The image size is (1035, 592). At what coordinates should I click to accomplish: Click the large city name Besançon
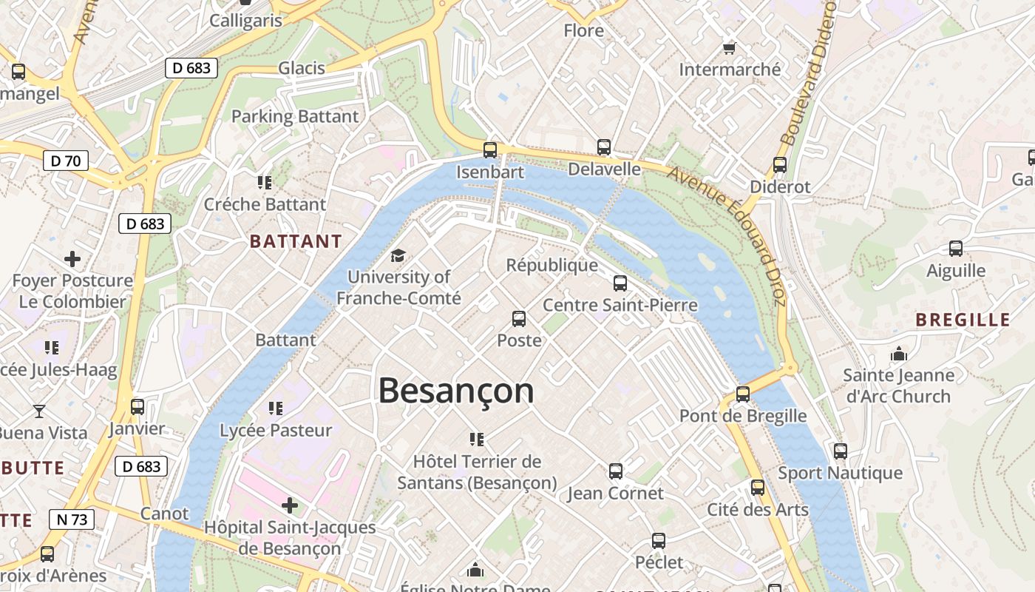click(x=455, y=391)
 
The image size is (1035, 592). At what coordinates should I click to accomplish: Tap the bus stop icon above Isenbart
click(x=489, y=150)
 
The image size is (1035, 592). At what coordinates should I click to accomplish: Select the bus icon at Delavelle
click(x=604, y=147)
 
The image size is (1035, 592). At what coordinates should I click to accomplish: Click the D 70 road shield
click(x=66, y=161)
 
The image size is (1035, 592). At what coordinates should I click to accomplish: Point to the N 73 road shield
click(x=72, y=519)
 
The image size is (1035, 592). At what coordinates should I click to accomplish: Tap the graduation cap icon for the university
click(x=398, y=256)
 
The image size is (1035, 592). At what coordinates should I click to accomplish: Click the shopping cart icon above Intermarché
click(x=729, y=48)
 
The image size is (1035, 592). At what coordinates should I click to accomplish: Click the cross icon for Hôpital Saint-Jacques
click(x=290, y=505)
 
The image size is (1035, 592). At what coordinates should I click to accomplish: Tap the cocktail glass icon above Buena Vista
click(x=39, y=411)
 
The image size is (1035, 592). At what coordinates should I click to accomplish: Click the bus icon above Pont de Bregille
click(x=743, y=394)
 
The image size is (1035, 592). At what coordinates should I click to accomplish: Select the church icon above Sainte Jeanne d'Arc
click(x=899, y=354)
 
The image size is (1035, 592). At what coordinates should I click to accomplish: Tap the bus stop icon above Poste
click(x=519, y=319)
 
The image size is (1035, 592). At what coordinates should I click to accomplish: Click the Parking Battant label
click(x=295, y=116)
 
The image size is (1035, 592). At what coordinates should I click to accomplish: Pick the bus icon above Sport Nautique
click(x=840, y=451)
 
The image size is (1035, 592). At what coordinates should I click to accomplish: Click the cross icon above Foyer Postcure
click(x=72, y=259)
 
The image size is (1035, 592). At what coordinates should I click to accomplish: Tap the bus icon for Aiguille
click(x=956, y=249)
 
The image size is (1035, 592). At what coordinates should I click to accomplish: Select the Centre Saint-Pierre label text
click(x=620, y=305)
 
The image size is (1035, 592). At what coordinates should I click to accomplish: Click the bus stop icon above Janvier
click(x=138, y=407)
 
